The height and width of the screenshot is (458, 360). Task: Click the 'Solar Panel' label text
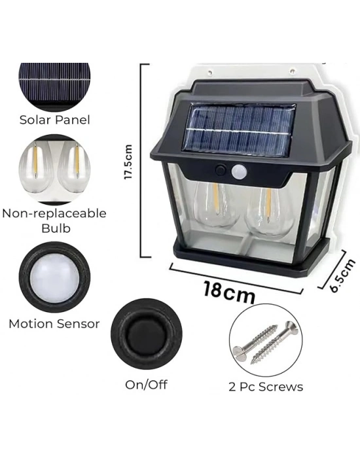54,120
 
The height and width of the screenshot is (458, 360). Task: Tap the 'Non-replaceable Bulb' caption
54,220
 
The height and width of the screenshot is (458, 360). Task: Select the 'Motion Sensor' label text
54,323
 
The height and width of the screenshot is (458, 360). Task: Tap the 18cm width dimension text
229,291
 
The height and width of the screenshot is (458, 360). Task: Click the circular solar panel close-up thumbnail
54,85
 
